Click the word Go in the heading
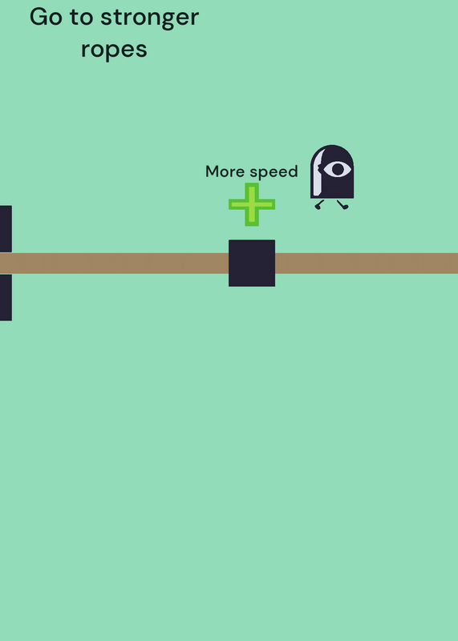pyautogui.click(x=46, y=17)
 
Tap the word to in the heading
pyautogui.click(x=82, y=18)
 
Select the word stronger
pyautogui.click(x=150, y=19)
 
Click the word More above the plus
pyautogui.click(x=226, y=171)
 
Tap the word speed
pyautogui.click(x=274, y=172)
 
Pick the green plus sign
pyautogui.click(x=252, y=204)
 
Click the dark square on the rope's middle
pyautogui.click(x=252, y=264)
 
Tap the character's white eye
pyautogui.click(x=337, y=169)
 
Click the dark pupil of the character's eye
pyautogui.click(x=338, y=169)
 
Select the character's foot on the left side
pyautogui.click(x=319, y=205)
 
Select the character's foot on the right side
pyautogui.click(x=343, y=205)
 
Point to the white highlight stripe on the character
pyautogui.click(x=318, y=174)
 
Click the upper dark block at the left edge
pyautogui.click(x=6, y=229)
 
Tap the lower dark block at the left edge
pyautogui.click(x=6, y=297)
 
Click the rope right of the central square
pyautogui.click(x=367, y=264)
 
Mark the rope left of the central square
pyautogui.click(x=114, y=264)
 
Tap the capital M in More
pyautogui.click(x=213, y=171)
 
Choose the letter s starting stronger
pyautogui.click(x=106, y=19)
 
